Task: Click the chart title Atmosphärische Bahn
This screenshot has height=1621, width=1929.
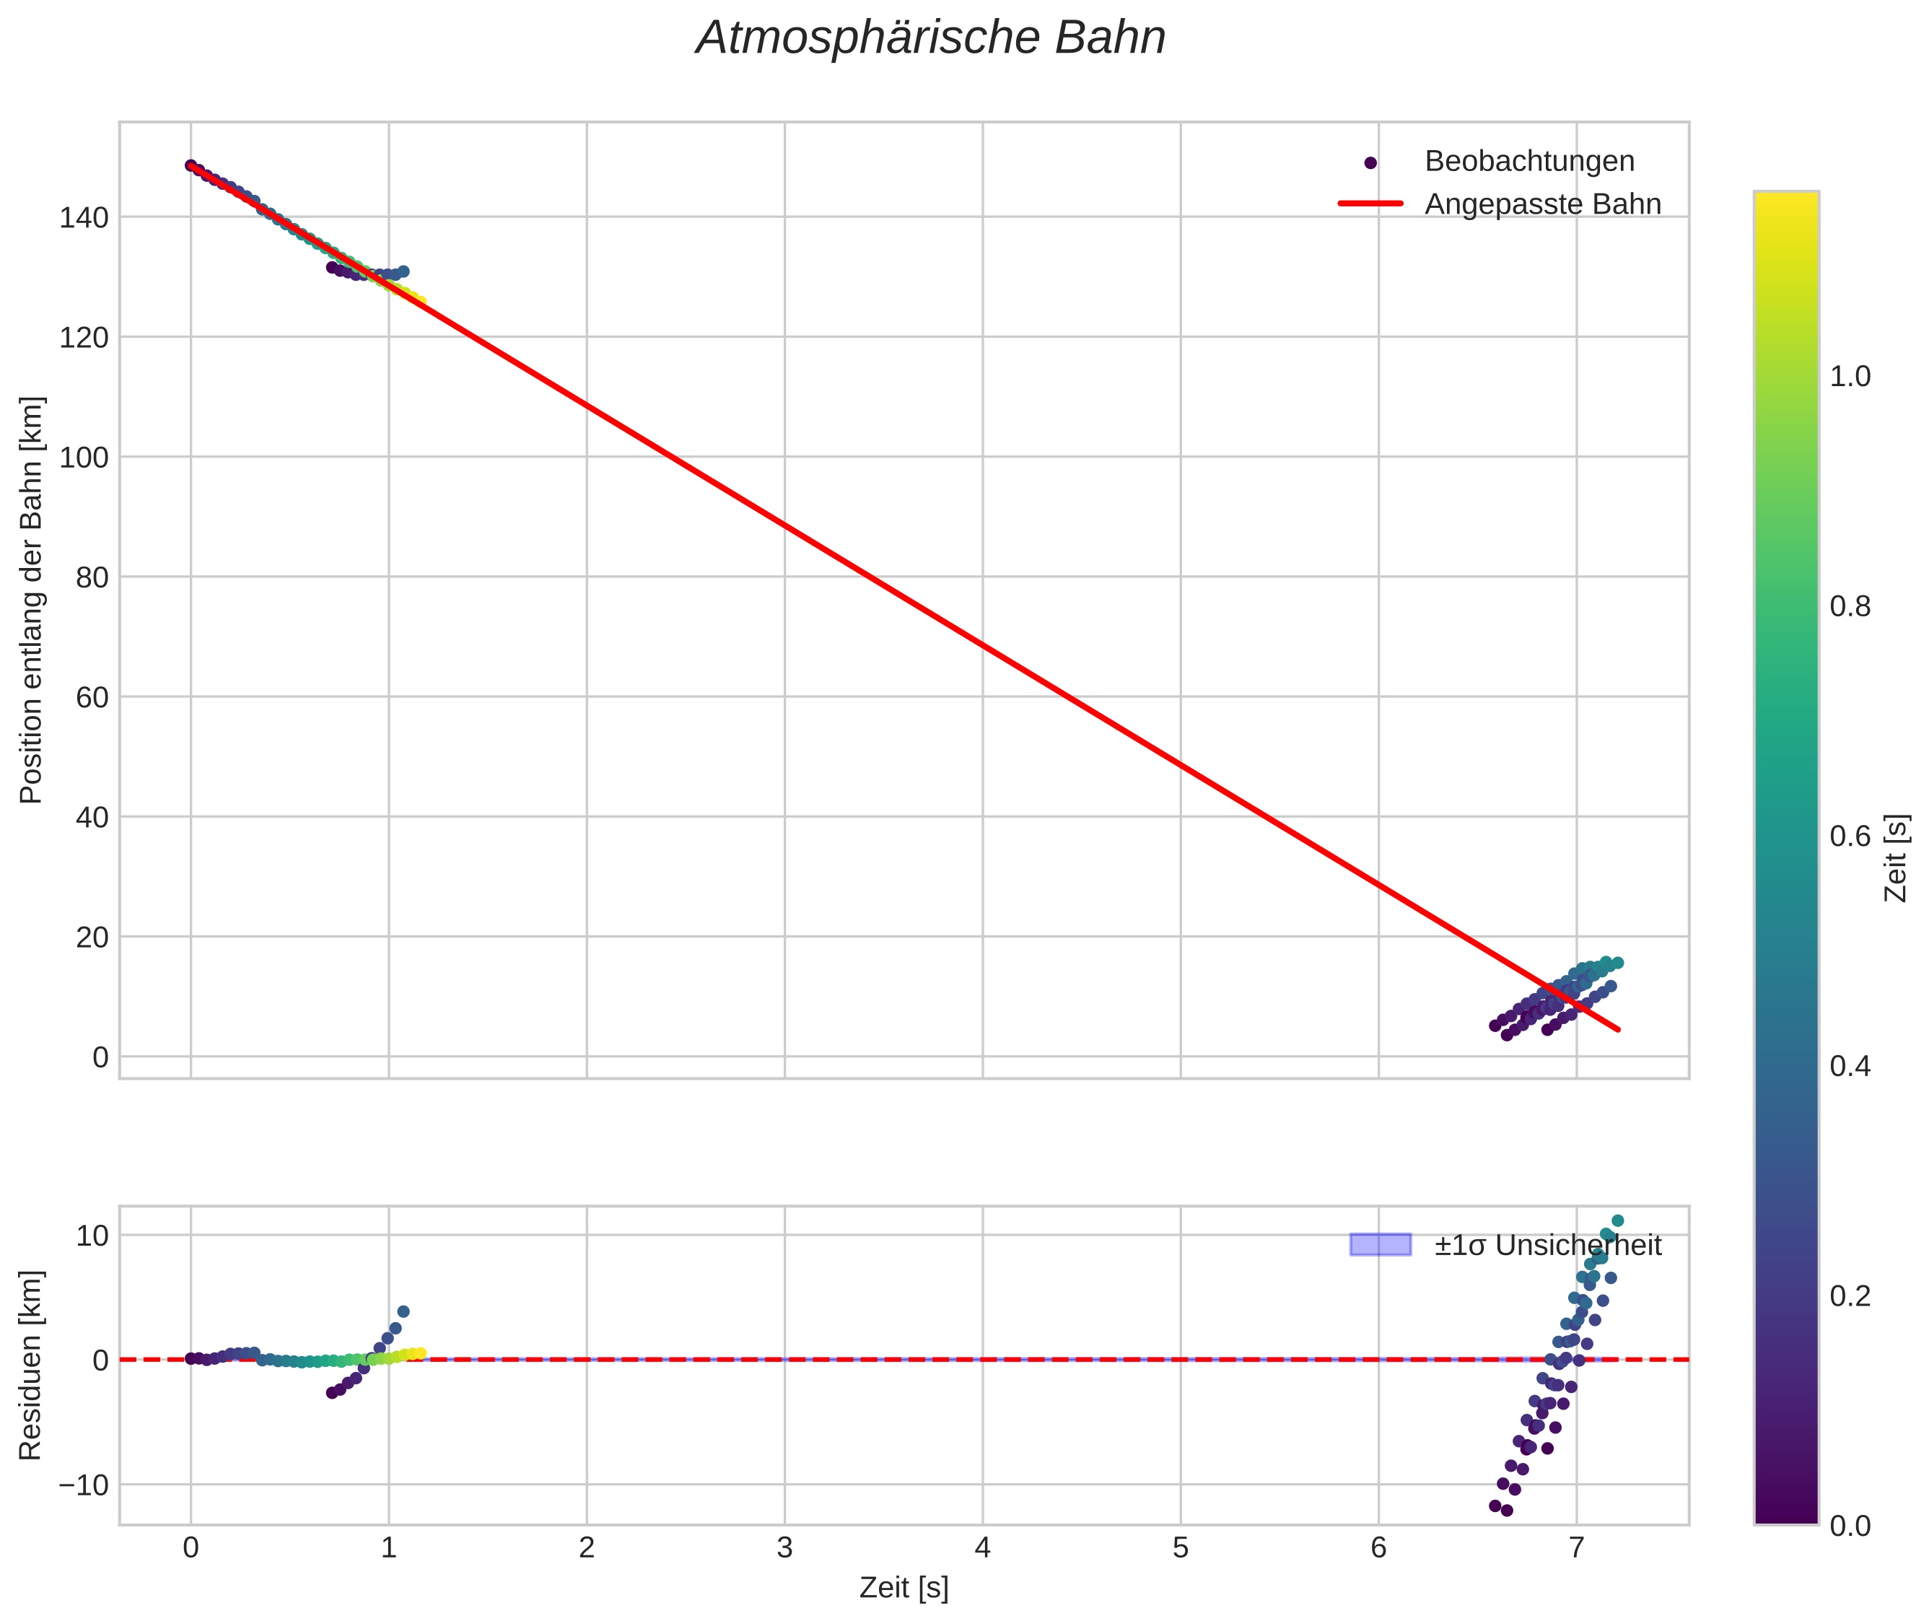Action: tap(930, 38)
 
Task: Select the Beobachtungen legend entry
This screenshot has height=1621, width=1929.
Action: tap(1528, 161)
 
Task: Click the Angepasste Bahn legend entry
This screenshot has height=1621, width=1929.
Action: tap(1541, 204)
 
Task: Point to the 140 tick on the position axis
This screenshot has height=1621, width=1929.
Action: tap(84, 218)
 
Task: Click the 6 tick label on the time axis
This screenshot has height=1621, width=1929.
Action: tap(1378, 1548)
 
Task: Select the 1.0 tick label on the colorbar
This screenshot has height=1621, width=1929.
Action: tap(1849, 377)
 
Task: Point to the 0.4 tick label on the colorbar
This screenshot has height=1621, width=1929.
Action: tap(1849, 1067)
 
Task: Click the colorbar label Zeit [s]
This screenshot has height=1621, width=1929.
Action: tap(1896, 858)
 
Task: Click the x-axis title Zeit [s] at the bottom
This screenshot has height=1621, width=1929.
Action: tap(904, 1588)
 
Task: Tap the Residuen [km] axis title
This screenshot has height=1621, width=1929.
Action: tap(31, 1366)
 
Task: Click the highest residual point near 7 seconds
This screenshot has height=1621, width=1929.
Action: tap(1617, 1221)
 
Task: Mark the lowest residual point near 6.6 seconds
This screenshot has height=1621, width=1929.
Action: tap(1506, 1511)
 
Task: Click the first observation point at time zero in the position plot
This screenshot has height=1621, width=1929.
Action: tap(191, 165)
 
